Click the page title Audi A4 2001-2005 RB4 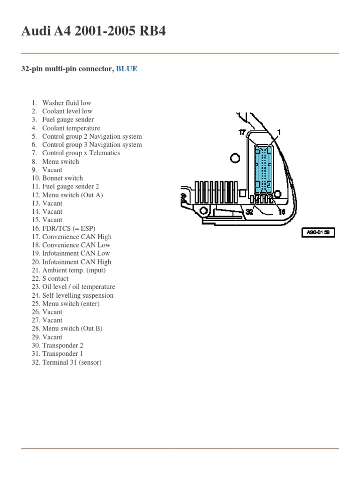coord(93,32)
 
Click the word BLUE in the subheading coord(127,69)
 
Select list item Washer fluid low coord(67,103)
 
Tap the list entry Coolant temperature coord(71,128)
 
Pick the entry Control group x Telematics coord(81,153)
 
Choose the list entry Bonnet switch coord(62,178)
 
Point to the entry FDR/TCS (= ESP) coord(68,228)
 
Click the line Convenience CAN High coord(77,237)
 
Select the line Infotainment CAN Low coord(76,254)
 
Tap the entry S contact coord(55,278)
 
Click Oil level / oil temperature coord(78,287)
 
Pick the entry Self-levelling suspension coord(77,295)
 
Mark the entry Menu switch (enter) coord(71,304)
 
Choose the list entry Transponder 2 coord(62,345)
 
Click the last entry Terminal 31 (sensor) coord(72,362)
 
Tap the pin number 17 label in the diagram coord(242,133)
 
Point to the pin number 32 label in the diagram coord(250,212)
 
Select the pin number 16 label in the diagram coord(282,212)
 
